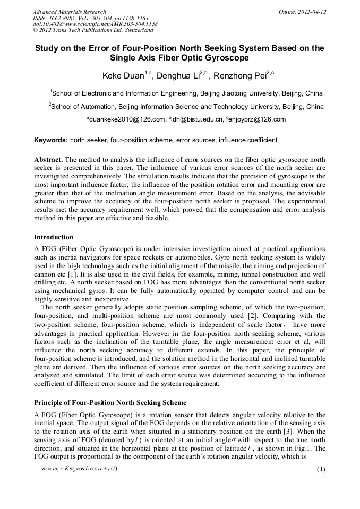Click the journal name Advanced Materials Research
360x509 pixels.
point(69,12)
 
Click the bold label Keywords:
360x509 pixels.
point(51,140)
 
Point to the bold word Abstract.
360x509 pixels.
point(49,160)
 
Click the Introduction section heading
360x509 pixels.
point(54,237)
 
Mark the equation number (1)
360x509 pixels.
point(321,454)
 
